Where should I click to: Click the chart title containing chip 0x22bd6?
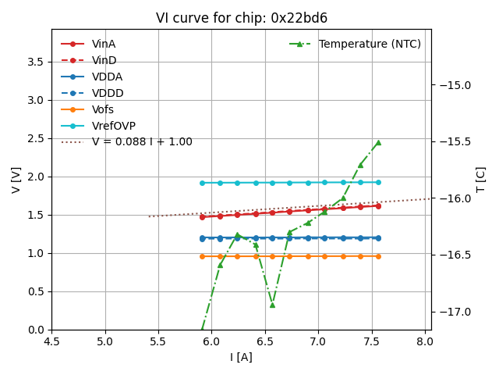[x=241, y=18]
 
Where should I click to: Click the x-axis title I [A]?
[x=241, y=357]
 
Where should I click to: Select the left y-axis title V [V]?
[x=16, y=180]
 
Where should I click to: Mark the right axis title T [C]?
[x=480, y=180]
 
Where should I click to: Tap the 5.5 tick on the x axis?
[x=158, y=341]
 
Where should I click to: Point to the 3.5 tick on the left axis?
[x=37, y=62]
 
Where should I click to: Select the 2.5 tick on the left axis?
[x=37, y=138]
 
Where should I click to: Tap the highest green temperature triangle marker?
[x=378, y=143]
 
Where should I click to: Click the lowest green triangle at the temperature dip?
[x=272, y=304]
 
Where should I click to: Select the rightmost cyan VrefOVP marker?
[x=378, y=182]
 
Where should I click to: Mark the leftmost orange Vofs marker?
[x=202, y=256]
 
